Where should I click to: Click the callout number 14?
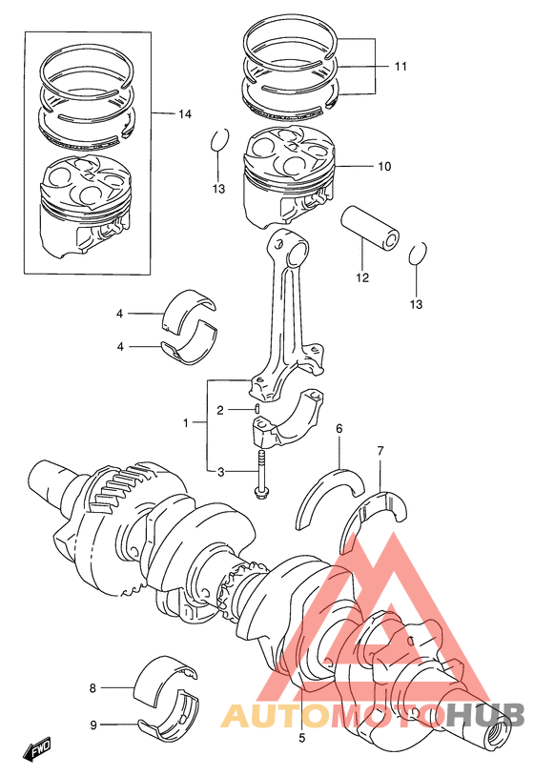[x=185, y=114]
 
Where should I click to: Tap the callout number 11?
[x=400, y=67]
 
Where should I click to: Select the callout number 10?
[x=384, y=167]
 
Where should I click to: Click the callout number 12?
[x=362, y=277]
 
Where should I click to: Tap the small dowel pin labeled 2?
[x=257, y=409]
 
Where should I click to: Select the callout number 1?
[x=186, y=423]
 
